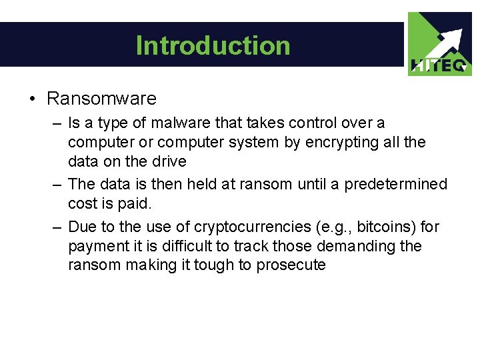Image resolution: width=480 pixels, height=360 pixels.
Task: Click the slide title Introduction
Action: (x=213, y=45)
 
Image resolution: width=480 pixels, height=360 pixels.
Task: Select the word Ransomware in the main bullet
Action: (x=101, y=99)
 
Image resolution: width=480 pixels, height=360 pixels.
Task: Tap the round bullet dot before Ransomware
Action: (x=32, y=99)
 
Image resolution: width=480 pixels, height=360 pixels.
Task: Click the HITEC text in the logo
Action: (x=440, y=65)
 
